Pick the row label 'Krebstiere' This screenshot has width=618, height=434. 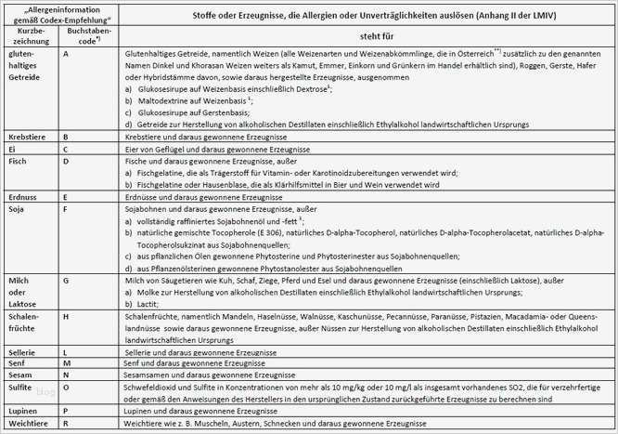26,136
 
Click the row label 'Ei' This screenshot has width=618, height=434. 11,148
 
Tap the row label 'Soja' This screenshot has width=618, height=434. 17,210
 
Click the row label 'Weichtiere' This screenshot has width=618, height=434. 26,423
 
